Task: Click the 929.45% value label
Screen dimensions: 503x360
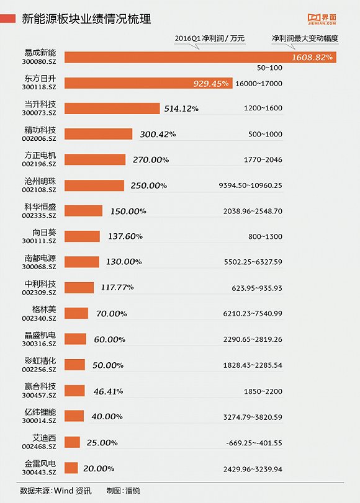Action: pos(211,83)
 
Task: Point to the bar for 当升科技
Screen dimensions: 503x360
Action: pos(112,108)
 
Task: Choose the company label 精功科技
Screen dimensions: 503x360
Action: pos(40,130)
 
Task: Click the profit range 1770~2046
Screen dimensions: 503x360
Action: pos(263,159)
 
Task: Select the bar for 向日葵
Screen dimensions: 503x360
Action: pos(82,236)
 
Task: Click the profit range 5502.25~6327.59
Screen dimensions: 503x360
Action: pos(253,262)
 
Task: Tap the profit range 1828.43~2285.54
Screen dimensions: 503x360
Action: pos(253,365)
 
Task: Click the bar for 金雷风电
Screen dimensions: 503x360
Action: pos(71,468)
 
